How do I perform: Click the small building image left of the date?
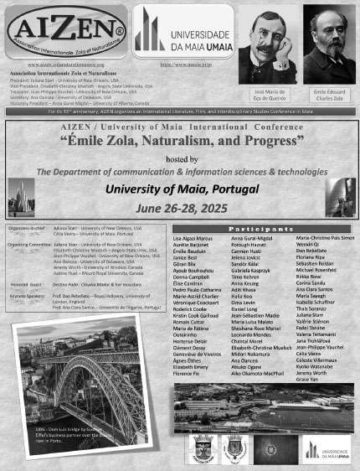coord(23,195)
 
